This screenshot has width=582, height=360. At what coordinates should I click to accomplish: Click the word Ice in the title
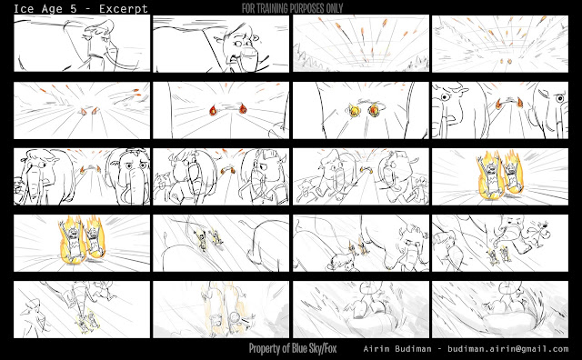point(24,8)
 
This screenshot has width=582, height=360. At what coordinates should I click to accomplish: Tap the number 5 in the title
point(74,8)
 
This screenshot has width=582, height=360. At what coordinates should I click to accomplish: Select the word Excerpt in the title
point(124,9)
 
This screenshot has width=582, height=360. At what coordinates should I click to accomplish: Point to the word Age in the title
point(52,9)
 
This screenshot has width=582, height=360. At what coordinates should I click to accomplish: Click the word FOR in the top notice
point(248,8)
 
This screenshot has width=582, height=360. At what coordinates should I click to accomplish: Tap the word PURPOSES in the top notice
point(308,8)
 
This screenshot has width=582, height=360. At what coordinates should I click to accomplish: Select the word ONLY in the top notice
point(334,8)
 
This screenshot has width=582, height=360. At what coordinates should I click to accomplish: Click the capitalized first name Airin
point(376,349)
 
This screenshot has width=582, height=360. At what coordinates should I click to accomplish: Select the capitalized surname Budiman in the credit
point(413,349)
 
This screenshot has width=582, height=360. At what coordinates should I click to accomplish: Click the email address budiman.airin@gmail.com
point(508,349)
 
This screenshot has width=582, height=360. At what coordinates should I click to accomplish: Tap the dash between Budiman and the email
point(439,349)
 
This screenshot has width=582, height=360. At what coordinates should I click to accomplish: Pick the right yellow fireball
point(374,109)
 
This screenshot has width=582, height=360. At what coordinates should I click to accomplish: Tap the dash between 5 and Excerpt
point(88,9)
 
